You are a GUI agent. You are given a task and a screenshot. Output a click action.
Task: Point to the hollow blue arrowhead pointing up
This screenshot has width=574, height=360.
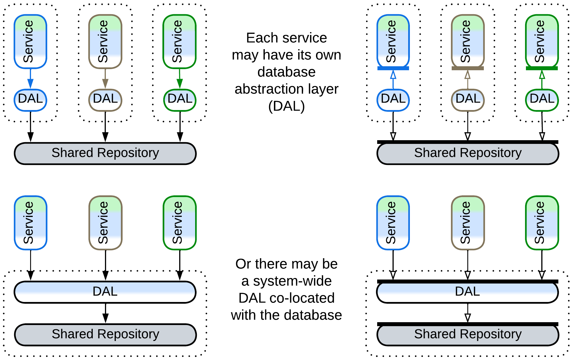click(x=393, y=75)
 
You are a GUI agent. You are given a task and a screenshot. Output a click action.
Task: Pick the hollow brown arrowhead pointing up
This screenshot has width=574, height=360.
click(x=468, y=75)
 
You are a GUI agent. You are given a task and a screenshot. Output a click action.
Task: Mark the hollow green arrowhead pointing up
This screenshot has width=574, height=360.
click(x=542, y=75)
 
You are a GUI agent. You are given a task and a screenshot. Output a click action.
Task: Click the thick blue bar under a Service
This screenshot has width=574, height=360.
click(x=393, y=68)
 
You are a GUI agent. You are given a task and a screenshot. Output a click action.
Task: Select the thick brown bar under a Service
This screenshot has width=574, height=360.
click(x=468, y=68)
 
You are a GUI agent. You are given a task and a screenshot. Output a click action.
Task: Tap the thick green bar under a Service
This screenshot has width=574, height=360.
click(x=542, y=68)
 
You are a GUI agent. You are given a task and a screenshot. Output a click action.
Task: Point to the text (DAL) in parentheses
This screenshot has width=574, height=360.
click(x=286, y=106)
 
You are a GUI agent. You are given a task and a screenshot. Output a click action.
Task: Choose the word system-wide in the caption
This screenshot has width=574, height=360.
click(x=292, y=281)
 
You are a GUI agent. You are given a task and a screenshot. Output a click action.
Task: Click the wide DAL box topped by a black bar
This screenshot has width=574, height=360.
click(x=468, y=292)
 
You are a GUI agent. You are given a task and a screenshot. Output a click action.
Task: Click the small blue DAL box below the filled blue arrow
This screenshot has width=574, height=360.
click(x=30, y=100)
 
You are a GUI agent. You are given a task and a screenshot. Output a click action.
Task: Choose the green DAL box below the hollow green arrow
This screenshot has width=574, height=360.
click(x=542, y=100)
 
